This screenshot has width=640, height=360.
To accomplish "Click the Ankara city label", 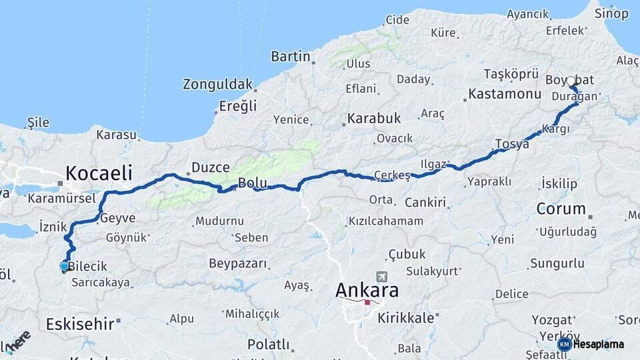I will [367, 291].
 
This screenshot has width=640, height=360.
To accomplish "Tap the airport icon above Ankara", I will [382, 277].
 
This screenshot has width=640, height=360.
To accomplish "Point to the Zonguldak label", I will [217, 85].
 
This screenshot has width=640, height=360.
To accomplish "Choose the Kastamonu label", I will [504, 94].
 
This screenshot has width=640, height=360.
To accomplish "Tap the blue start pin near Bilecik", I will [64, 267].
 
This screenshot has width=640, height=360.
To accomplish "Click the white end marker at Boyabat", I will [571, 81].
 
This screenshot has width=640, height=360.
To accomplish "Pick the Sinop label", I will [611, 13].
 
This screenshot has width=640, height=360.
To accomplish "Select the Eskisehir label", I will [80, 324].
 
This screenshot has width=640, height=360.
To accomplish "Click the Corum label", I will [561, 209].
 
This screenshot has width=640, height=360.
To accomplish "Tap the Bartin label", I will [291, 57].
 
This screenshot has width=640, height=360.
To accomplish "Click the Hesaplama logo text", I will [598, 344].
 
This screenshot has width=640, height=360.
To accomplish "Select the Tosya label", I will [511, 144].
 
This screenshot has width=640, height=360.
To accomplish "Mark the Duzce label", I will [210, 167].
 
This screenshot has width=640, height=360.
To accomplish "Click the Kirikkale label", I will [406, 318].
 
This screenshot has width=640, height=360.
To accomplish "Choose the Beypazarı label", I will [238, 264].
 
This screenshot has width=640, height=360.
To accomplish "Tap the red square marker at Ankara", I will [367, 302].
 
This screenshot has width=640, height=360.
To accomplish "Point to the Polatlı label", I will [268, 345].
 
